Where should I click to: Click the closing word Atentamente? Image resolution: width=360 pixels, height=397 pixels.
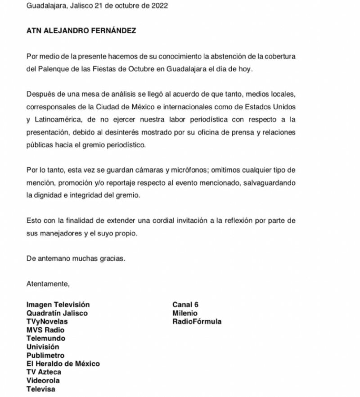[x=48, y=284]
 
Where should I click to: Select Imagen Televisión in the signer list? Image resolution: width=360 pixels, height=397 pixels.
[x=58, y=305]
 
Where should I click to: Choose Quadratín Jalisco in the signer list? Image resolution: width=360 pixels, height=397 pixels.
[x=57, y=313]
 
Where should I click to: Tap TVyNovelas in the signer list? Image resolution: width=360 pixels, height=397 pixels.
[x=47, y=322]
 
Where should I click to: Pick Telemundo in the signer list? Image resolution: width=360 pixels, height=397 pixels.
[x=46, y=338]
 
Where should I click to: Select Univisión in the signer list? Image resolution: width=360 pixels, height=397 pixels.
[x=43, y=347]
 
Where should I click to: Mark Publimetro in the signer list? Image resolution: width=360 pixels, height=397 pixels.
[x=45, y=356]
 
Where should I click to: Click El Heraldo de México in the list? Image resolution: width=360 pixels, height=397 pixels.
[x=63, y=364]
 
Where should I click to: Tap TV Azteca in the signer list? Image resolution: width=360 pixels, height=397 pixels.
[x=44, y=372]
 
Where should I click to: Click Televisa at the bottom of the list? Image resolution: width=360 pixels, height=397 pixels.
[x=41, y=389]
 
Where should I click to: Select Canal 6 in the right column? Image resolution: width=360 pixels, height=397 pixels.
[x=185, y=305]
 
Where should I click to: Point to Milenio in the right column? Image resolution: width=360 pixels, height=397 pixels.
[x=184, y=313]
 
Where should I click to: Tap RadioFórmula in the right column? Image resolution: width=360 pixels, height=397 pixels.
[x=197, y=322]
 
